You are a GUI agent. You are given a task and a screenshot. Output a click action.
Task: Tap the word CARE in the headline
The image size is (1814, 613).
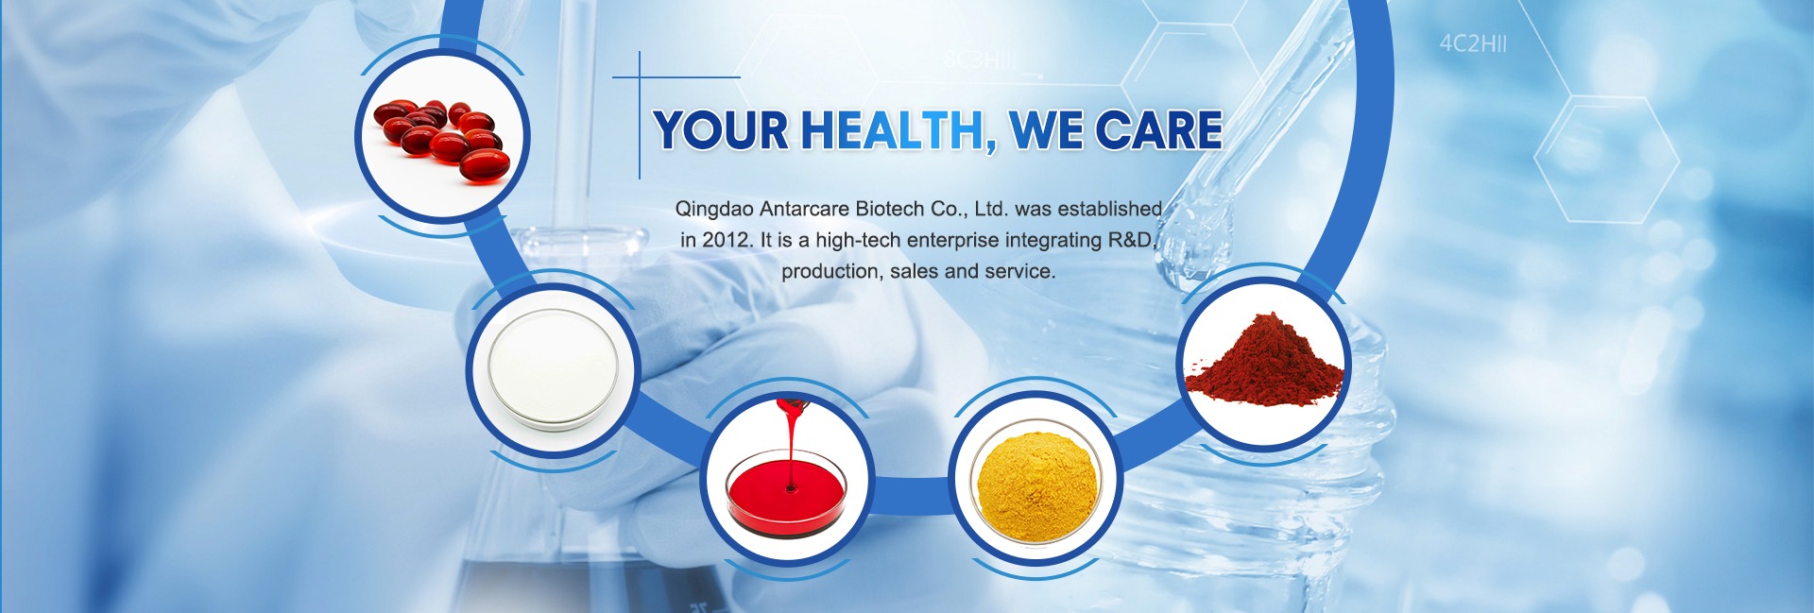pos(1159,130)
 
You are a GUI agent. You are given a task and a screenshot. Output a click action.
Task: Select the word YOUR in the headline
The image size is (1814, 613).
pos(722,130)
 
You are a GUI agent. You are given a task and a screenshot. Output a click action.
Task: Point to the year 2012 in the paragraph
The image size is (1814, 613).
pos(727,240)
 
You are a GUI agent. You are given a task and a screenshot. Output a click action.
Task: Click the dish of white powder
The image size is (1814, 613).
pos(553,370)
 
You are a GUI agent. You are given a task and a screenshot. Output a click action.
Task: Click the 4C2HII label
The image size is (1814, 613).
pos(1473,44)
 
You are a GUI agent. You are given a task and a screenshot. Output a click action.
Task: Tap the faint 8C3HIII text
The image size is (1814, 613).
pos(980,60)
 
